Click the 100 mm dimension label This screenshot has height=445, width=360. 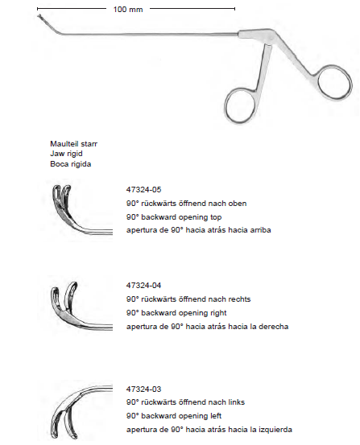[128, 10]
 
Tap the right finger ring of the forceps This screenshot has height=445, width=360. [350, 82]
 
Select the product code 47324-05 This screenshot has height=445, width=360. [143, 190]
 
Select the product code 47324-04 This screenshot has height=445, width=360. [143, 285]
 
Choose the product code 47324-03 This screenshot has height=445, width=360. [143, 389]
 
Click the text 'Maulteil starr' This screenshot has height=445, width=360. [73, 143]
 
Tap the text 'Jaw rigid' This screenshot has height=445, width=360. [66, 154]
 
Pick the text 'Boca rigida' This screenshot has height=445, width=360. [70, 164]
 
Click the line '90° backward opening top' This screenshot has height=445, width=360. [174, 217]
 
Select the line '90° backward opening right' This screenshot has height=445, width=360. [176, 313]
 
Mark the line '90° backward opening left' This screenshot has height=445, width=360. [174, 416]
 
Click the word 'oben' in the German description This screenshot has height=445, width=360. [238, 204]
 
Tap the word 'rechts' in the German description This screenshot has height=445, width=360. [242, 299]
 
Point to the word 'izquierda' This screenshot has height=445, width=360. [275, 430]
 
